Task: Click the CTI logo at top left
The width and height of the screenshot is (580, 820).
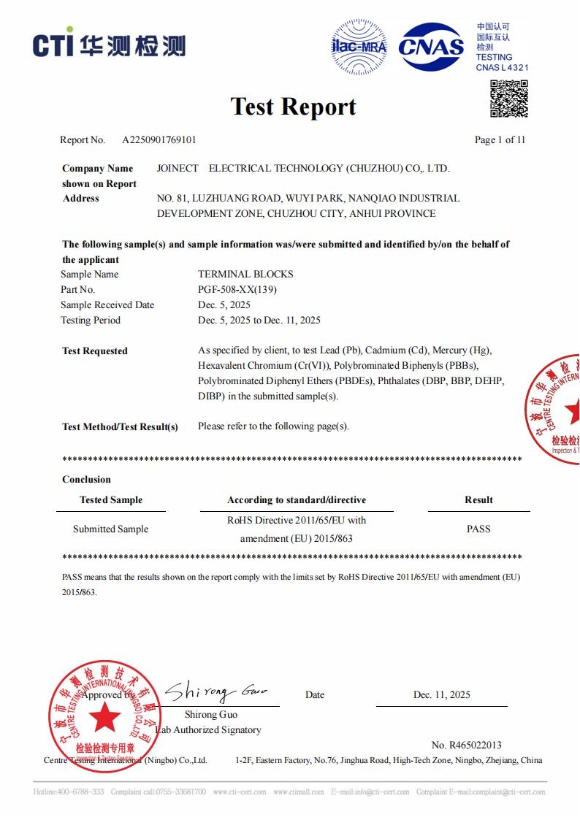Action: point(108,45)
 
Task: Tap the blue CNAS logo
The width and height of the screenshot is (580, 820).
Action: point(431,47)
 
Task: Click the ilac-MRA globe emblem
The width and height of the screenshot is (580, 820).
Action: point(359,47)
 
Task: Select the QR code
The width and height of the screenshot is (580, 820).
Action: point(508,99)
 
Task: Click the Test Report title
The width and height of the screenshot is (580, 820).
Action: point(293,107)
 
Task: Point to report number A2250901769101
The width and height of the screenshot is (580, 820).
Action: point(159,139)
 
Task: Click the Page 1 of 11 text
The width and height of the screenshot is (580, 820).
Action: point(500,139)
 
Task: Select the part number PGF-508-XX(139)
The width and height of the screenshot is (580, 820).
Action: point(237,289)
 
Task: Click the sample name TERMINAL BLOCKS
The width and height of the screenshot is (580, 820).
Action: point(245,274)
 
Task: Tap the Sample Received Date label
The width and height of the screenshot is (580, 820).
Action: point(107,304)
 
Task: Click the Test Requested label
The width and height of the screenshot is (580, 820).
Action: point(95,350)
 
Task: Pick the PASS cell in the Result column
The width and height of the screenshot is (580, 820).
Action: point(478,529)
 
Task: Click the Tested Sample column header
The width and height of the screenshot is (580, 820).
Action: point(111,499)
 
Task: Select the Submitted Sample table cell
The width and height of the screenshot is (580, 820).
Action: point(110,529)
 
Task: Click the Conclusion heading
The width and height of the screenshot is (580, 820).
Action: point(86,479)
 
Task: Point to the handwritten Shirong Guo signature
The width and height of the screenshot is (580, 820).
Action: point(215,691)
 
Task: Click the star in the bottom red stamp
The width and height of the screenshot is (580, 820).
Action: point(106,719)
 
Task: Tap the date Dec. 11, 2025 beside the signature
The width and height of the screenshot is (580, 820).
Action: point(441,694)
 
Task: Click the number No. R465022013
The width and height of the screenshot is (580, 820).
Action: point(466,745)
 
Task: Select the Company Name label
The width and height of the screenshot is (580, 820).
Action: point(98,168)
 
